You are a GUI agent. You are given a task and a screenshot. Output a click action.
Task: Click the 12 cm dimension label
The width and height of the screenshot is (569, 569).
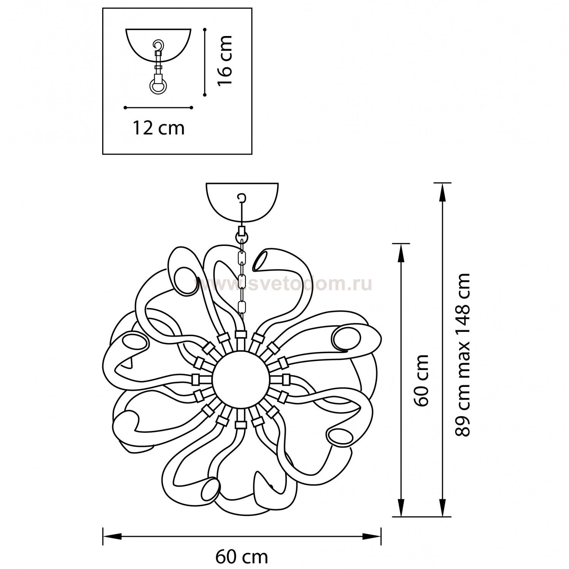point(158,128)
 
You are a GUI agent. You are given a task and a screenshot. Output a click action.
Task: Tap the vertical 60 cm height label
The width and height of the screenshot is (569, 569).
point(422,380)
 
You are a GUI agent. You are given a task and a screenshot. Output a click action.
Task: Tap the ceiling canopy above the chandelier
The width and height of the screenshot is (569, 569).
point(242,202)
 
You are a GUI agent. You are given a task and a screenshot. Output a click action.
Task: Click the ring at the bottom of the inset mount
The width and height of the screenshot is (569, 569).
point(157,86)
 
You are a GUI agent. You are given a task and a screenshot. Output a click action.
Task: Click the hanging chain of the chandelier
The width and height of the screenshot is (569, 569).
point(241,273)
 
